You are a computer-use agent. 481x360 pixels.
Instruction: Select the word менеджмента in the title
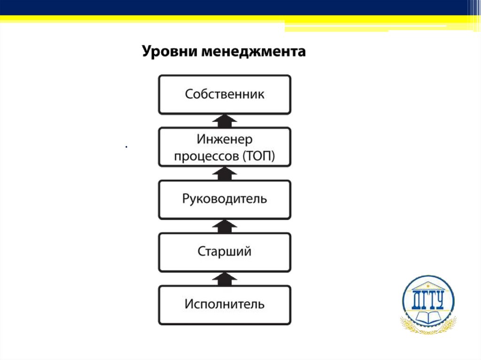pyautogui.click(x=254, y=51)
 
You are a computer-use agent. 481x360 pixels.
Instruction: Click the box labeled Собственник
pyautogui.click(x=225, y=94)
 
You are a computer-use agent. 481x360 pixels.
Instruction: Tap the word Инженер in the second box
pyautogui.click(x=225, y=140)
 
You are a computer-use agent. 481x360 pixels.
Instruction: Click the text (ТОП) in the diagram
pyautogui.click(x=259, y=157)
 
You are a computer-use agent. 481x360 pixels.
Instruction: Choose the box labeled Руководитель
pyautogui.click(x=225, y=199)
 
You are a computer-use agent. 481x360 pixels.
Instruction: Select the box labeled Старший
pyautogui.click(x=225, y=252)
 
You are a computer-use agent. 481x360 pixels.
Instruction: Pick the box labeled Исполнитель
pyautogui.click(x=225, y=304)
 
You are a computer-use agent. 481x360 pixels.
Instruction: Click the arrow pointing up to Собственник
pyautogui.click(x=225, y=121)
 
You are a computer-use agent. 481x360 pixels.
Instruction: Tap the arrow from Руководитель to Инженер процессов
pyautogui.click(x=225, y=174)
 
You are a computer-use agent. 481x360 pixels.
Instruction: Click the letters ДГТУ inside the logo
pyautogui.click(x=428, y=299)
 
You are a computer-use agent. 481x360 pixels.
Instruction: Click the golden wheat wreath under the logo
pyautogui.click(x=428, y=328)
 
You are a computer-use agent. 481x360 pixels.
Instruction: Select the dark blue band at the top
pyautogui.click(x=235, y=7)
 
